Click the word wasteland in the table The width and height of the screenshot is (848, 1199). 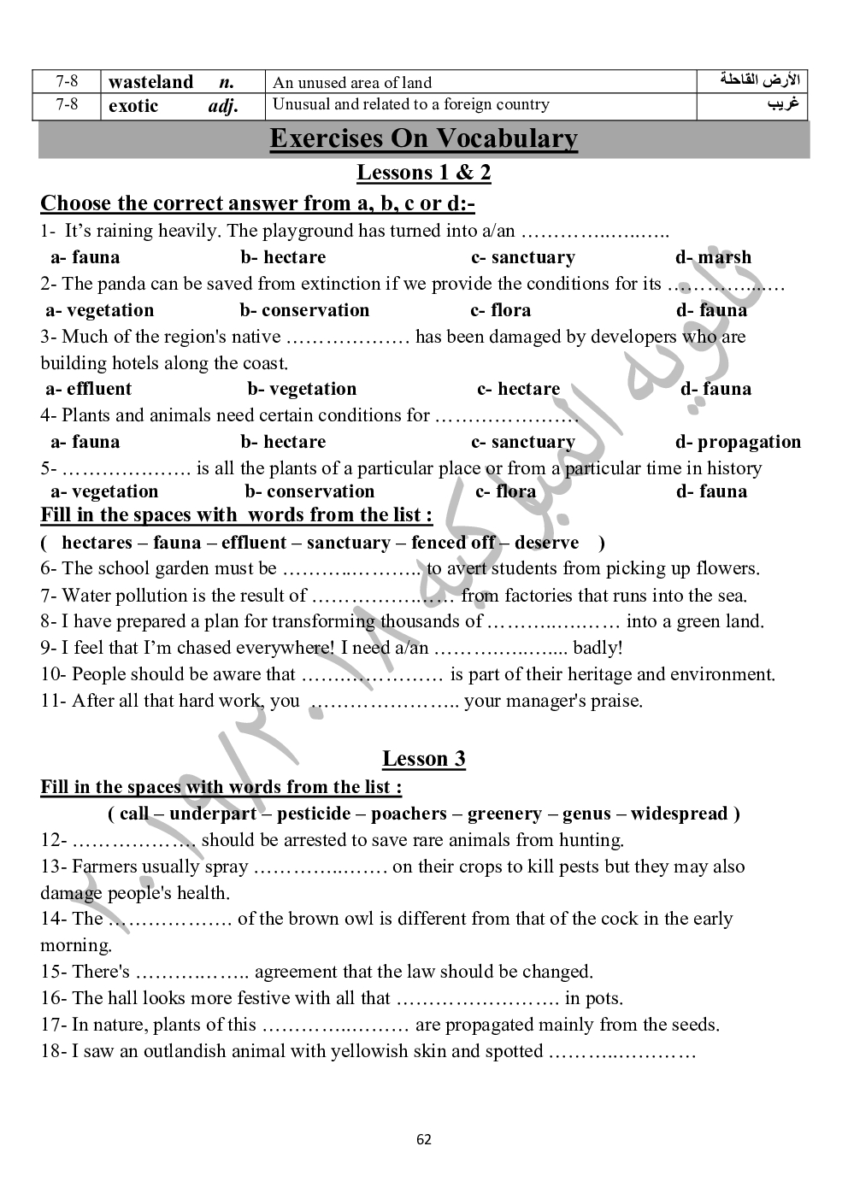pos(150,82)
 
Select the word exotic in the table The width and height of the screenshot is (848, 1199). pos(133,106)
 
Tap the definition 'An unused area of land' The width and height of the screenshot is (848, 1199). pos(351,83)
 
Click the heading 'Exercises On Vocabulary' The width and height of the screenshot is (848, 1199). pos(423,138)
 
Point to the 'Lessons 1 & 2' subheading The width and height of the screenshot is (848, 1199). pos(423,173)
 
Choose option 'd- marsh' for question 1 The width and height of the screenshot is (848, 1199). pos(713,257)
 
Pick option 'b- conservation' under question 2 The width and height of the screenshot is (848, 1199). pos(304,310)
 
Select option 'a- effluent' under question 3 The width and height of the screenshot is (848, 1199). pos(88,389)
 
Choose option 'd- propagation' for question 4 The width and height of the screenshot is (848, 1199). pos(738,442)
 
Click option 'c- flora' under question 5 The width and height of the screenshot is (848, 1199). pos(505,491)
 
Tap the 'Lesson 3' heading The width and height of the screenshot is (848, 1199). pos(423,759)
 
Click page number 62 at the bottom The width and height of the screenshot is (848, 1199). pos(424,1139)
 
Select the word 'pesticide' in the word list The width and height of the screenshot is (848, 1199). pos(314,814)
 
